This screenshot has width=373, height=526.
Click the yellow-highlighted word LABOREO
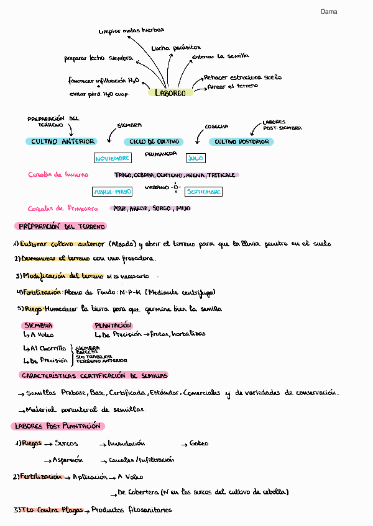tap(170, 93)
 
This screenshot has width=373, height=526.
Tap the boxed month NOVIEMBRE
tap(113, 159)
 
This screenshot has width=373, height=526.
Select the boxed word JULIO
tap(195, 159)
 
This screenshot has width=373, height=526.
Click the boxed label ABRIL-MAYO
tap(112, 192)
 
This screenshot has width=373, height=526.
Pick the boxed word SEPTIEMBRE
tap(203, 192)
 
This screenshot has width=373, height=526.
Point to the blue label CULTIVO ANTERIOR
tap(63, 142)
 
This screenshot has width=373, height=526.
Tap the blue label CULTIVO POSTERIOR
tap(242, 142)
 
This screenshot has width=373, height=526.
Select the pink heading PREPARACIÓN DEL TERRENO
tap(61, 227)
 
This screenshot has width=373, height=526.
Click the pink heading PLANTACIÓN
tap(113, 325)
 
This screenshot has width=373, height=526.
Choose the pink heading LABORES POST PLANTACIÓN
tap(57, 427)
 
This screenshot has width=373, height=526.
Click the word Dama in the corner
tap(329, 12)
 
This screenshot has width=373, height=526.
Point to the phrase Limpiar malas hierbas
tap(131, 30)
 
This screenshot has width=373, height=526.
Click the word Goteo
tap(199, 444)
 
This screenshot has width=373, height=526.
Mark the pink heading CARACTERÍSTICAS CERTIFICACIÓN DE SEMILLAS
tap(94, 376)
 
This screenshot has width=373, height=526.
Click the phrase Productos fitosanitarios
tap(131, 510)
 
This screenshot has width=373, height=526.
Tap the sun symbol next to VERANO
tap(177, 187)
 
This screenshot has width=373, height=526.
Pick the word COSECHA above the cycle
tap(216, 127)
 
